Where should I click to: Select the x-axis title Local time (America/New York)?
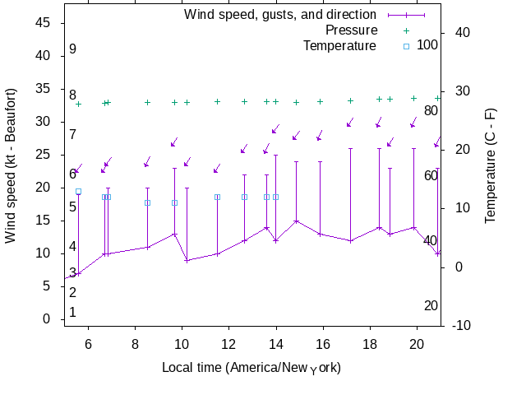pos(251,368)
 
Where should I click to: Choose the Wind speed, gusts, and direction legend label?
pos(279,15)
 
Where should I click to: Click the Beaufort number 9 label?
pos(72,49)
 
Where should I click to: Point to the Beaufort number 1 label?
pos(72,313)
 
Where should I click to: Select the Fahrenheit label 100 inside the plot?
pos(427,44)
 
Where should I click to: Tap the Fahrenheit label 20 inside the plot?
pos(431,306)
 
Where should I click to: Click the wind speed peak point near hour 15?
pos(296,221)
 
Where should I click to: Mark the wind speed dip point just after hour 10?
pos(187,261)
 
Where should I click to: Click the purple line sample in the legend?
pos(406,15)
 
